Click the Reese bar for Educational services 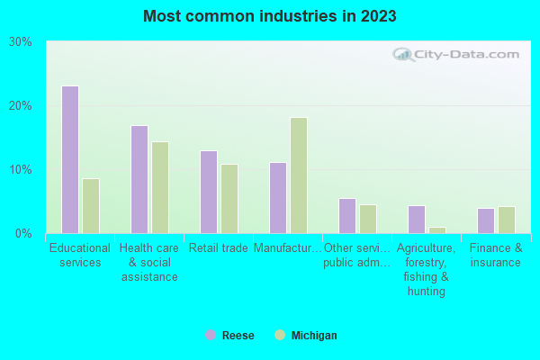(x=70, y=159)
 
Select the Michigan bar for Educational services (x=91, y=205)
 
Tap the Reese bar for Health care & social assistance (x=139, y=179)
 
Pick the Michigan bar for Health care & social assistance (x=160, y=187)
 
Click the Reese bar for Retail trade (x=209, y=192)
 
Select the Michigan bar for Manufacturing (x=299, y=175)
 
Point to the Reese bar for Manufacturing (x=278, y=197)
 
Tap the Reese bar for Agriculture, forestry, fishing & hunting (x=417, y=220)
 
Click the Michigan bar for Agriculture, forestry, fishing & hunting (x=437, y=229)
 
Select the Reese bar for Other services (x=347, y=216)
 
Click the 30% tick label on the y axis (x=21, y=42)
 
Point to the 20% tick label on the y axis (x=21, y=106)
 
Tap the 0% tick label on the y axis (x=23, y=234)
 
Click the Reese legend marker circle (x=211, y=335)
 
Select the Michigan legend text (x=314, y=336)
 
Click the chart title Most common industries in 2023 (x=269, y=16)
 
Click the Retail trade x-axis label (x=219, y=248)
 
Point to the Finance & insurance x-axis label (x=495, y=256)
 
